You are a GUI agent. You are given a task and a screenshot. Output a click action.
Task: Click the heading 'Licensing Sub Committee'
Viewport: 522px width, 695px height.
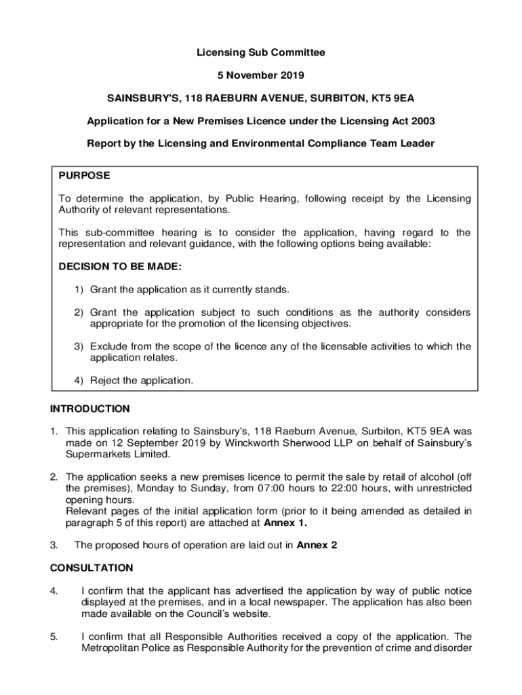(x=261, y=52)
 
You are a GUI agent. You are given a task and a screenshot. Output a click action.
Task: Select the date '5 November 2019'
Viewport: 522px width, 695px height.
(x=261, y=75)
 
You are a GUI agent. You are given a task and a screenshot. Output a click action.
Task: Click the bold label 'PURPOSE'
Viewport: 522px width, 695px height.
(x=84, y=175)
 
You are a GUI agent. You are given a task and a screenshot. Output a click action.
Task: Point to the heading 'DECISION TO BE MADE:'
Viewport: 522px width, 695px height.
(x=120, y=267)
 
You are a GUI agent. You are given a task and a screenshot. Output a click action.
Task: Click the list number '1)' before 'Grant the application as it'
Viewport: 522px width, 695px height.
(x=79, y=290)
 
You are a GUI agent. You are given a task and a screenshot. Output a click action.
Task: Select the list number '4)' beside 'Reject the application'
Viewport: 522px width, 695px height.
(x=79, y=381)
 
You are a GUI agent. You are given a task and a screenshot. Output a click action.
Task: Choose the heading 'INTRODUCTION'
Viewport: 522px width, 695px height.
(x=89, y=409)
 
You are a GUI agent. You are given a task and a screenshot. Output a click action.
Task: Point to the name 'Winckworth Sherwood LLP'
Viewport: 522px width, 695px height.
(x=283, y=443)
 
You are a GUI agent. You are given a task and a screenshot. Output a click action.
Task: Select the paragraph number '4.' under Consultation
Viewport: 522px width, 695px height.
(x=54, y=591)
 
